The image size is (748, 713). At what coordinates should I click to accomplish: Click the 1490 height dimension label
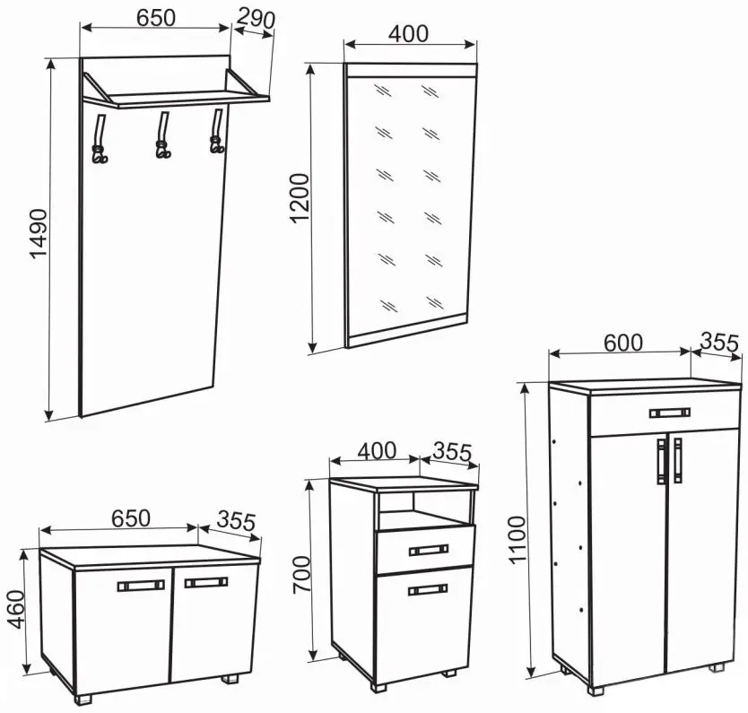point(39,233)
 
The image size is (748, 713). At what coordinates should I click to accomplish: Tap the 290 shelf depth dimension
point(256,18)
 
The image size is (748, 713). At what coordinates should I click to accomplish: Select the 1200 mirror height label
point(300,199)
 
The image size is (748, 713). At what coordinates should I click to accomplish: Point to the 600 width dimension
point(623,343)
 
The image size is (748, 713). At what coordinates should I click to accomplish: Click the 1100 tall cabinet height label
point(517,540)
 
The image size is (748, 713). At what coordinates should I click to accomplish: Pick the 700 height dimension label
point(301,575)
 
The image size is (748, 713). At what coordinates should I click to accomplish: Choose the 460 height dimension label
point(16,610)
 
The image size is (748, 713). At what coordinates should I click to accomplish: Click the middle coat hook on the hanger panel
point(163,135)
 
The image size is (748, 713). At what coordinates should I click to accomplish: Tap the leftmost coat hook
point(100,139)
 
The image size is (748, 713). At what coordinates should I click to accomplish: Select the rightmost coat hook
point(217,131)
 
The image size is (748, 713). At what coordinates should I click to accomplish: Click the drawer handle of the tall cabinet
point(670,413)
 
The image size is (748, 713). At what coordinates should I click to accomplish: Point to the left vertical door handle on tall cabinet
point(661,461)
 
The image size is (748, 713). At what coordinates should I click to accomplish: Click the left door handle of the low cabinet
point(141,586)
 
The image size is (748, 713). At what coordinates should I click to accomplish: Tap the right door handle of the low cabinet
point(206,582)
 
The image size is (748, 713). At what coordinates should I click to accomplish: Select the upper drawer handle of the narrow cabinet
point(429,550)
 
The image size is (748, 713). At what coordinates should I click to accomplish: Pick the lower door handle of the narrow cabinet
point(428,590)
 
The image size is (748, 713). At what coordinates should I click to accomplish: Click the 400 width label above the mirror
point(408,34)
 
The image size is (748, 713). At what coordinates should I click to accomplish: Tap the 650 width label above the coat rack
point(156,18)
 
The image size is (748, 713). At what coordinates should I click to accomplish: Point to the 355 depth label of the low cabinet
point(236,521)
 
